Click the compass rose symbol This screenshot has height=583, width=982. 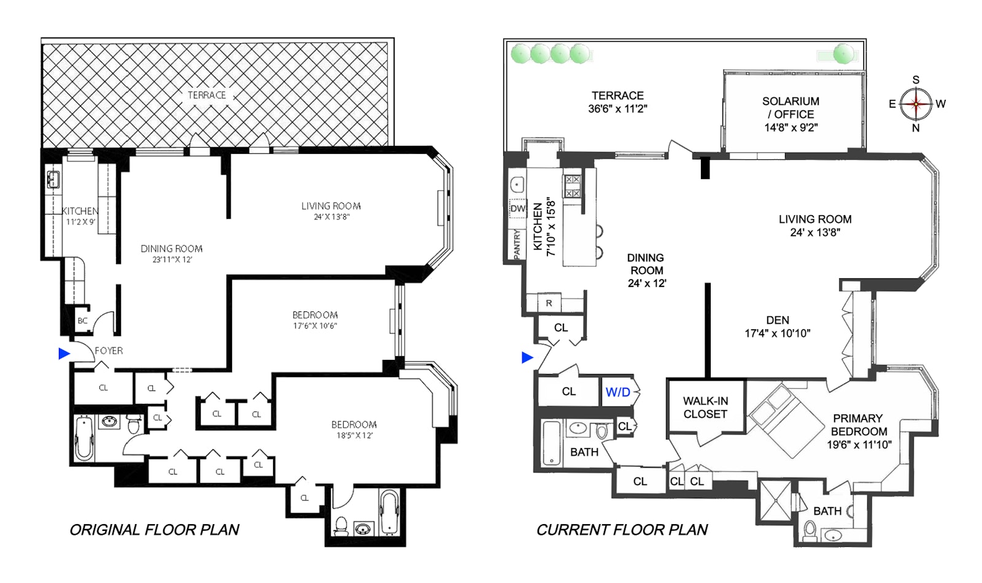tap(916, 104)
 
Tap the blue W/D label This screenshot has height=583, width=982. tap(617, 392)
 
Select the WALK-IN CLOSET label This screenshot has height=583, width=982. tap(705, 408)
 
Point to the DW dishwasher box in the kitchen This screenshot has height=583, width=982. tap(518, 208)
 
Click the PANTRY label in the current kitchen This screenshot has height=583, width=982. tap(517, 244)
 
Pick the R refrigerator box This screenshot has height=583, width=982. tap(549, 303)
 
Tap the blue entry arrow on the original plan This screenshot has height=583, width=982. tap(64, 354)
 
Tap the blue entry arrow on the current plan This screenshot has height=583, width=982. tap(527, 357)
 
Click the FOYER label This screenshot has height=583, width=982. tap(109, 351)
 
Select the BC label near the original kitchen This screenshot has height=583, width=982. tap(82, 321)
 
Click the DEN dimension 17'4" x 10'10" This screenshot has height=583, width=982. tap(777, 333)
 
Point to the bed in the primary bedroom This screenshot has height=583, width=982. tap(786, 420)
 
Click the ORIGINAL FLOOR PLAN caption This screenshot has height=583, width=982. tap(154, 530)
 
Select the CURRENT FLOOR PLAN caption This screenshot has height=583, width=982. tap(622, 530)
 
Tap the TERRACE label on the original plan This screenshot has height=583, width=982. tap(207, 95)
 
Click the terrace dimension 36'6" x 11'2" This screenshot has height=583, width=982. tap(617, 109)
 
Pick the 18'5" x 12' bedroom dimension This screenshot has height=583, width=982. tap(354, 436)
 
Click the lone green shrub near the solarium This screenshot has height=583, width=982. tap(844, 55)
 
